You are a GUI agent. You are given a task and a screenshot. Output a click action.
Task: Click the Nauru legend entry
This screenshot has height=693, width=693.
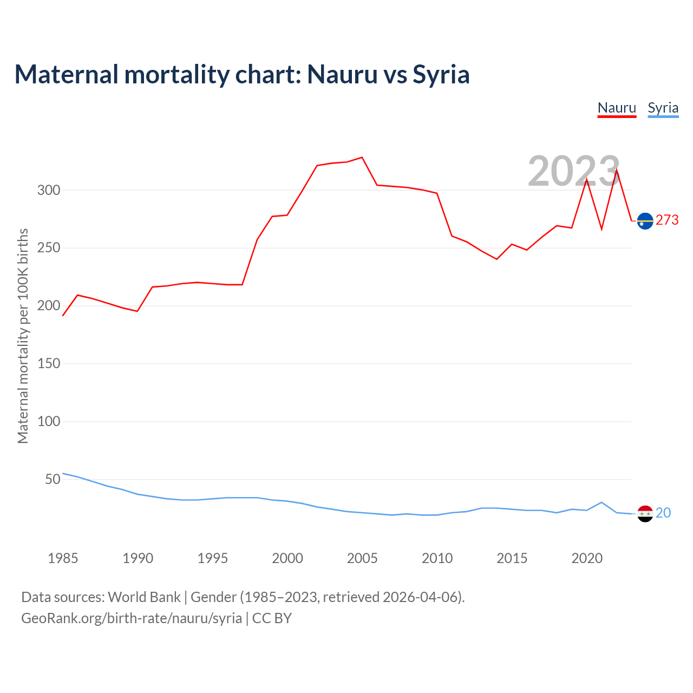coord(617,108)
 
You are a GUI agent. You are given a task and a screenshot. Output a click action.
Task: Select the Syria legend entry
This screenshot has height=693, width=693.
coord(663,108)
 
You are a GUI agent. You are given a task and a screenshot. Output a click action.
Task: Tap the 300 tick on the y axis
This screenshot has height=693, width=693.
coord(49,190)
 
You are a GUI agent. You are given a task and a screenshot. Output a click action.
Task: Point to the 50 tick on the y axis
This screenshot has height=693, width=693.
coord(53,479)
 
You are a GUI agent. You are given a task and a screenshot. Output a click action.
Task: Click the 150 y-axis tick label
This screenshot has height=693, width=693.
coord(49,363)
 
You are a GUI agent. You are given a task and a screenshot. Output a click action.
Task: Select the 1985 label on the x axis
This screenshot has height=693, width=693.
coord(63,558)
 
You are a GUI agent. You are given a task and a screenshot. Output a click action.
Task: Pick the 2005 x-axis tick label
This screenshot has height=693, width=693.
coord(362,558)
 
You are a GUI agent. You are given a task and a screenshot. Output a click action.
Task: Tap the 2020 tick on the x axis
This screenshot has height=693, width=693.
coord(587,558)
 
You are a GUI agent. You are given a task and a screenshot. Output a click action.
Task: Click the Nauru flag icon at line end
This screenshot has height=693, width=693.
coord(645,221)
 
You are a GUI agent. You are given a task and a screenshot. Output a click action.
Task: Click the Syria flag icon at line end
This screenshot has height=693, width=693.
coord(645,513)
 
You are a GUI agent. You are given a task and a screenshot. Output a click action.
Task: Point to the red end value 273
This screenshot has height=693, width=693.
coord(667,220)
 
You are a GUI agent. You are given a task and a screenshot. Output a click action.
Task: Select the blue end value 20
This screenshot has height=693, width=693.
coord(663,513)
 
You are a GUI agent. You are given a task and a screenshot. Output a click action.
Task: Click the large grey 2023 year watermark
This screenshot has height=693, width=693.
coord(573,171)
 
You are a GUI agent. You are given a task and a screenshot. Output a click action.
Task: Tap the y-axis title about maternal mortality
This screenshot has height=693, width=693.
coord(23,336)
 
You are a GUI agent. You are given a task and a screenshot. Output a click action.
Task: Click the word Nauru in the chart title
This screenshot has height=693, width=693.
coord(342,74)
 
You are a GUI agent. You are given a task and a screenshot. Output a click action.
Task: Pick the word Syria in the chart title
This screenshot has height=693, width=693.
coord(441,74)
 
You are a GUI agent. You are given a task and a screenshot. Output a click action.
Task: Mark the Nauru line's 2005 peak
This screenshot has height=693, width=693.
coord(362,158)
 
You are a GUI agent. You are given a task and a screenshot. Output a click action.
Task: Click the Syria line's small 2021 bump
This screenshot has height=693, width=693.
coord(602,502)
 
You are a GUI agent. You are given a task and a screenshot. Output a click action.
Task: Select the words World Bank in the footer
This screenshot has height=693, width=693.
coord(144,597)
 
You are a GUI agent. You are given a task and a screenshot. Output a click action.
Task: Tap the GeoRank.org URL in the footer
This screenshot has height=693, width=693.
coord(132,618)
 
